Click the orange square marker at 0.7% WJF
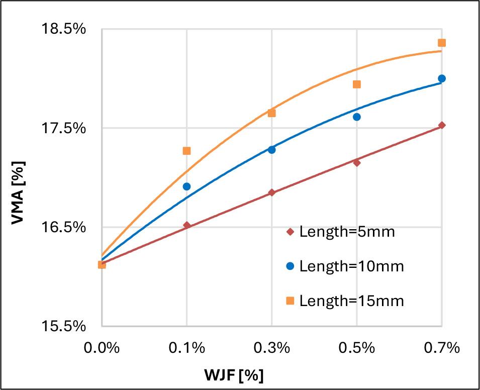point(442,43)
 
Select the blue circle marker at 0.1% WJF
point(186,186)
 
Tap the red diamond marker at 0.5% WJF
point(357,162)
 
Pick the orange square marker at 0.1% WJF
point(186,151)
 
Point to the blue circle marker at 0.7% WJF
point(442,78)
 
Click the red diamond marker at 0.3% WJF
point(272,192)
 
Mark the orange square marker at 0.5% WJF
point(357,84)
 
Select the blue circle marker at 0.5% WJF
point(357,117)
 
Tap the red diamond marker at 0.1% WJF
point(186,225)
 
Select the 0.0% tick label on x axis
point(102,348)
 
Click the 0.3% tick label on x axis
point(272,348)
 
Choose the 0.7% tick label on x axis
point(442,348)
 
